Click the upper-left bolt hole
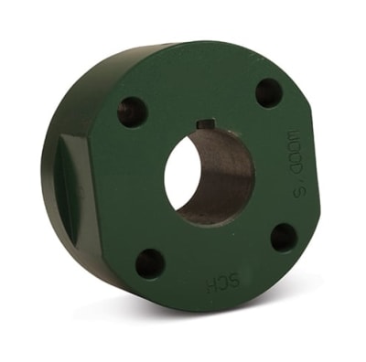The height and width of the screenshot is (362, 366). pyautogui.click(x=132, y=112)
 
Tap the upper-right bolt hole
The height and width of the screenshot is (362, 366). pyautogui.click(x=269, y=91)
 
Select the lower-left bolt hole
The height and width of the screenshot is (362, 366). pyautogui.click(x=150, y=263)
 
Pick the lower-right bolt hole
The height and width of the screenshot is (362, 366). pyautogui.click(x=284, y=238)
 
